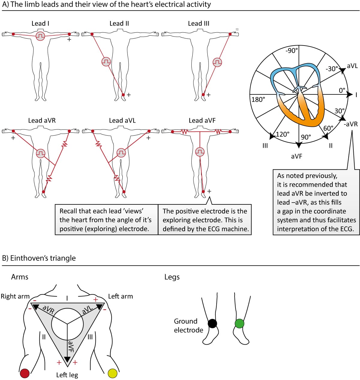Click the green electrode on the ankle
(x=239, y=324)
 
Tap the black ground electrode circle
(x=212, y=324)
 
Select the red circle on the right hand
(x=25, y=373)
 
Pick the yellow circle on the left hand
(x=112, y=373)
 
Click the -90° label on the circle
(x=291, y=51)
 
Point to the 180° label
(x=258, y=99)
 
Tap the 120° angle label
(x=283, y=134)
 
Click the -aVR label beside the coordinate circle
(x=351, y=124)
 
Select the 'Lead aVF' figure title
(x=202, y=120)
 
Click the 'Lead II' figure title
(x=119, y=23)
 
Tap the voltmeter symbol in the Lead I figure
(x=40, y=36)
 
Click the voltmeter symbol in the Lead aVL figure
(x=121, y=153)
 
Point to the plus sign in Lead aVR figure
(x=13, y=138)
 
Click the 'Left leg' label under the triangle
(x=67, y=375)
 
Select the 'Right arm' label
(x=15, y=296)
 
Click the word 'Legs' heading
(x=172, y=277)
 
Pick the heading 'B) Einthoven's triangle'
(x=39, y=258)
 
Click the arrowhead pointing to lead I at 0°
(x=349, y=95)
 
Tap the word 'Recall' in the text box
(x=69, y=211)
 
